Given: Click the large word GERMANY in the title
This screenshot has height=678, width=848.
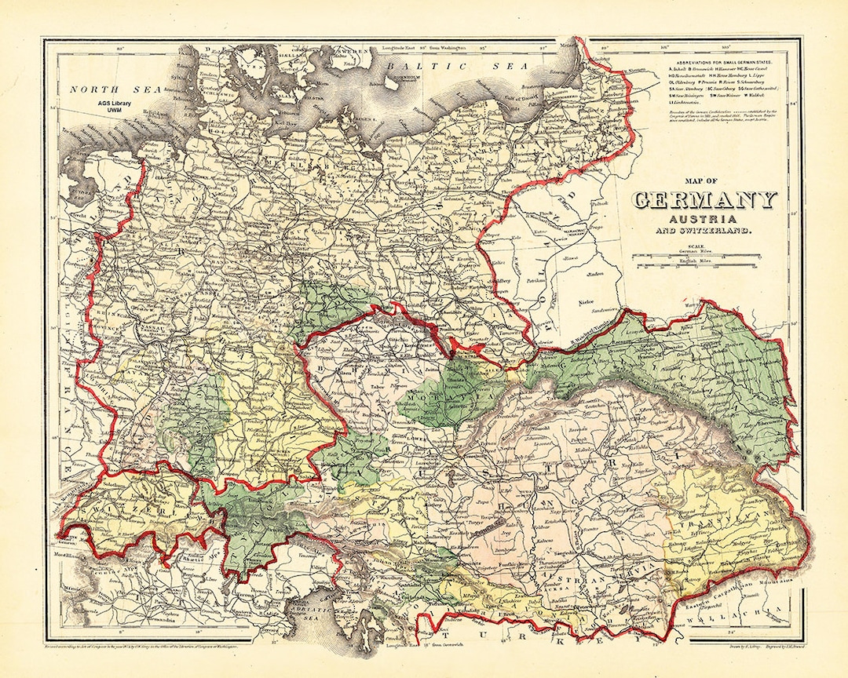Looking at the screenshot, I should (704, 201).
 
